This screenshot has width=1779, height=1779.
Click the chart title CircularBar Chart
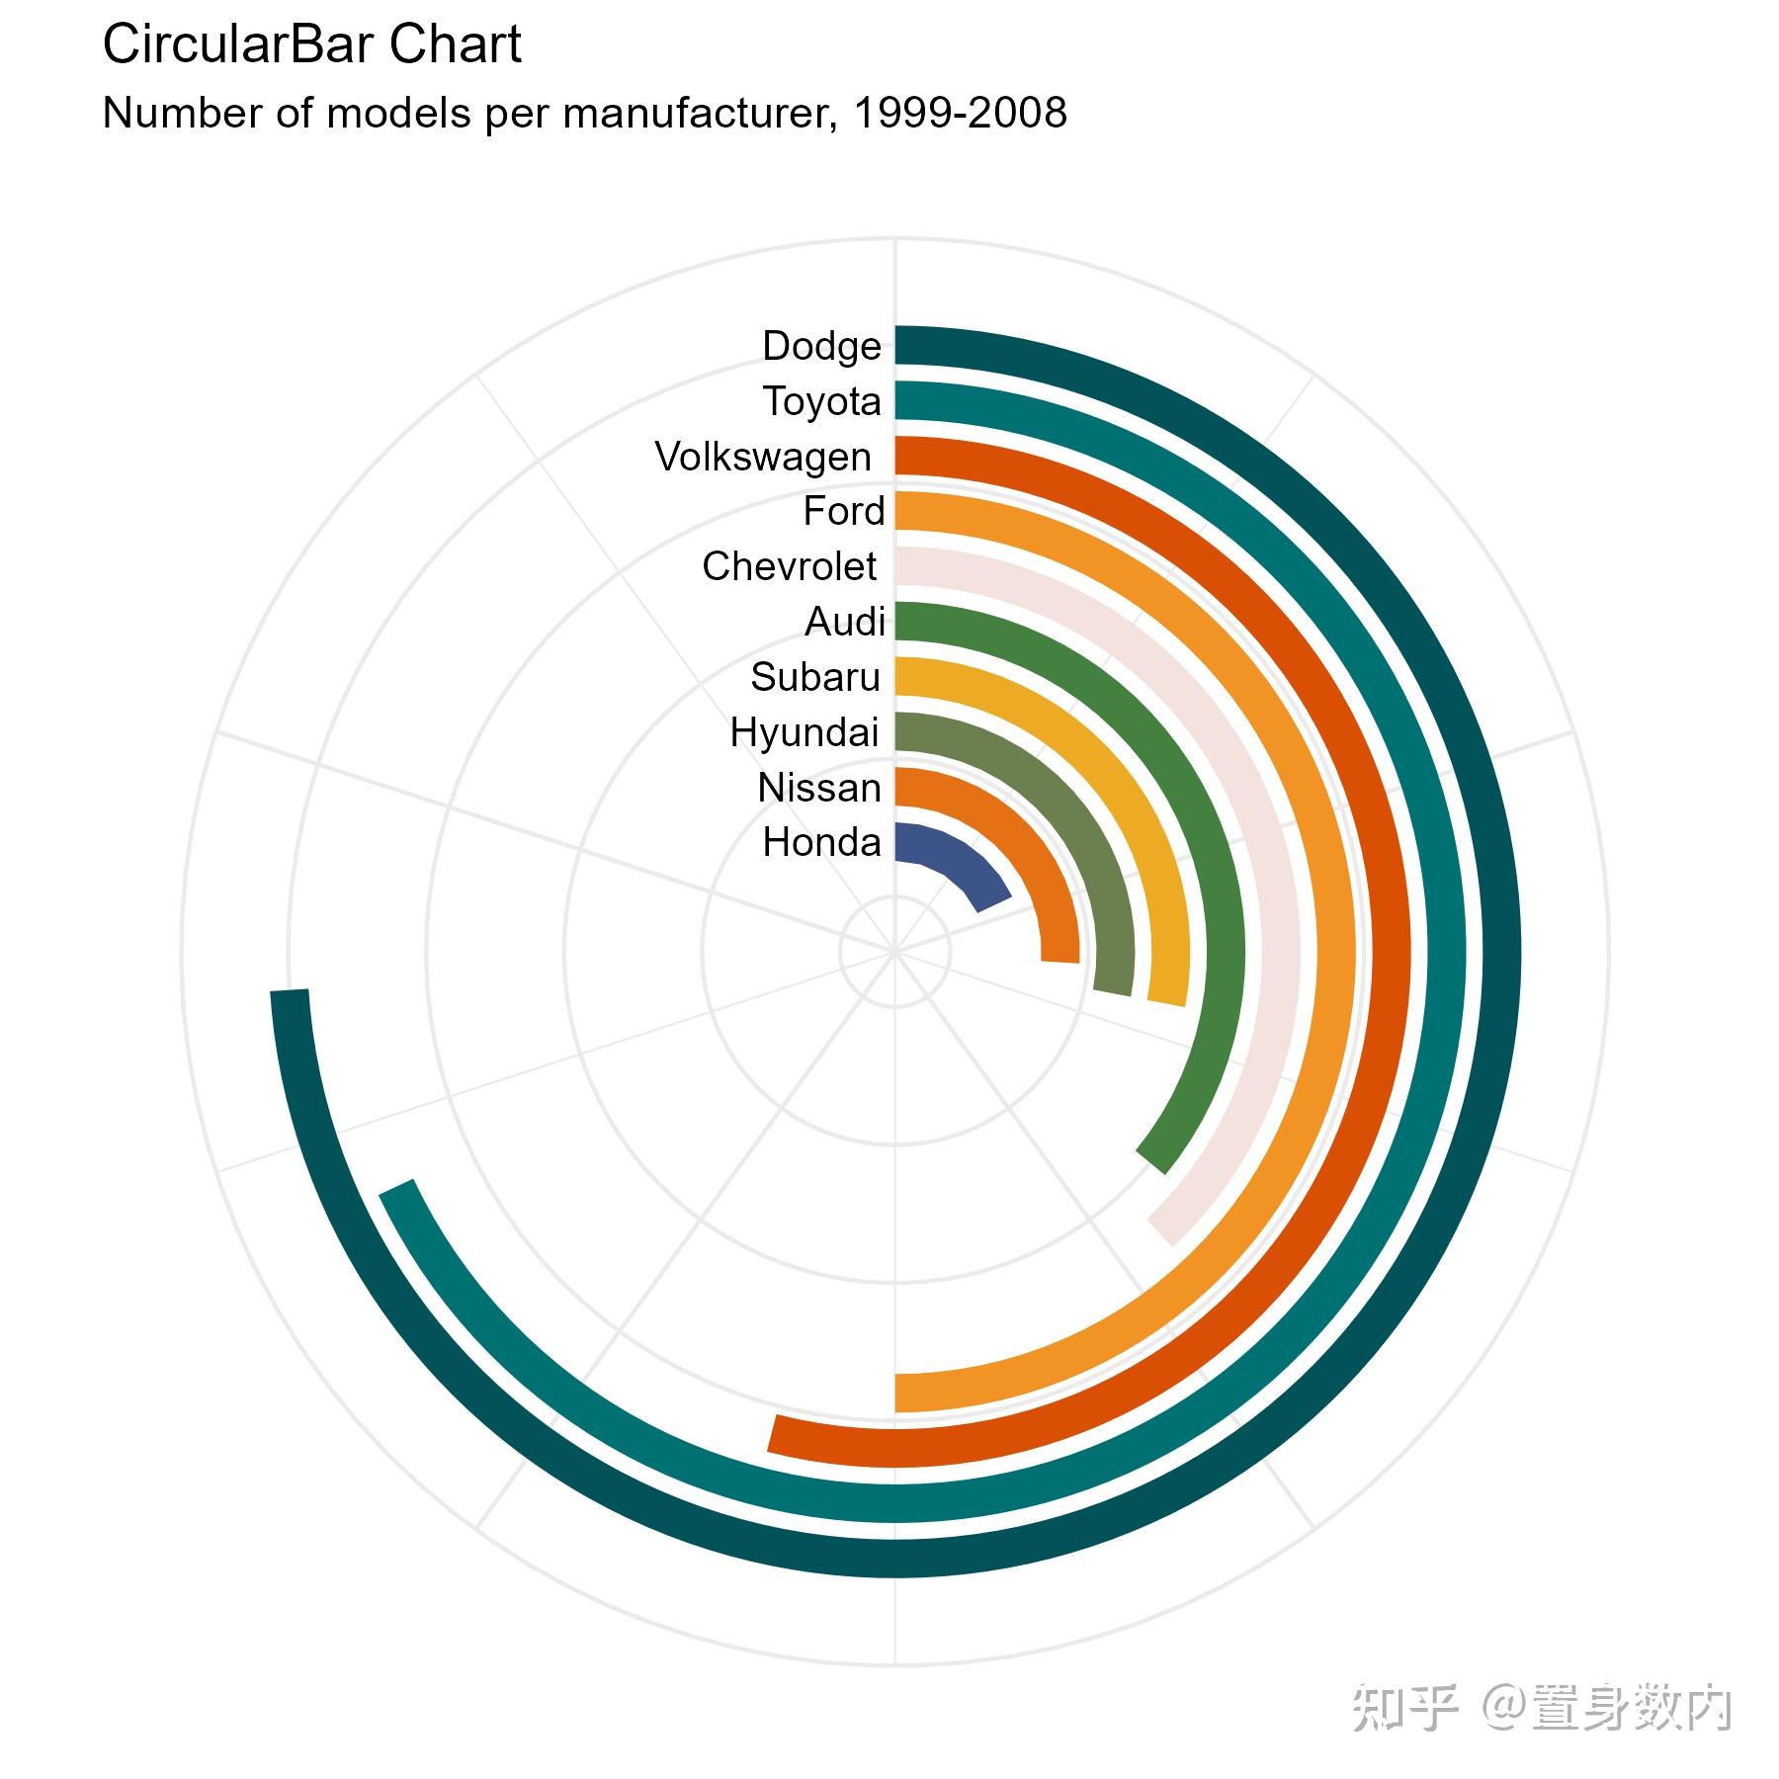[311, 45]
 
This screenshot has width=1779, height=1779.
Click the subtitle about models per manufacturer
[584, 114]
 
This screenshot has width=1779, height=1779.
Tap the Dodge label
[821, 346]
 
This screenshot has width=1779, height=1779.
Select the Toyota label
[821, 401]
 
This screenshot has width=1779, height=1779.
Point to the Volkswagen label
[763, 457]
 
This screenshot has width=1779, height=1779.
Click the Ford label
[843, 511]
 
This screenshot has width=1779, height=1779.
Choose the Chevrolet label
[789, 566]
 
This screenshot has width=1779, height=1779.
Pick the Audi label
[844, 622]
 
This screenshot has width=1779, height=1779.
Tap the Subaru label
[814, 677]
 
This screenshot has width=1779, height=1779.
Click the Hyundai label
[804, 732]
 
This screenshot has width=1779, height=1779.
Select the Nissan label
[818, 788]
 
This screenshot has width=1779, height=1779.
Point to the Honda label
[821, 842]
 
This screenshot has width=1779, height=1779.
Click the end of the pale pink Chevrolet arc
[1162, 1231]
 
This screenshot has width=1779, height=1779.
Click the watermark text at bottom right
[1541, 1708]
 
